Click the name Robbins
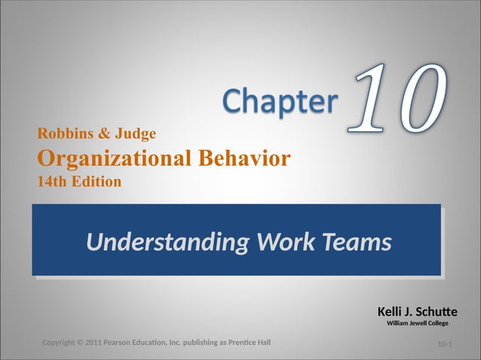tap(65, 135)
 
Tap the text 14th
tap(51, 182)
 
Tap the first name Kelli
tap(391, 311)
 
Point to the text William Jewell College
tap(417, 323)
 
